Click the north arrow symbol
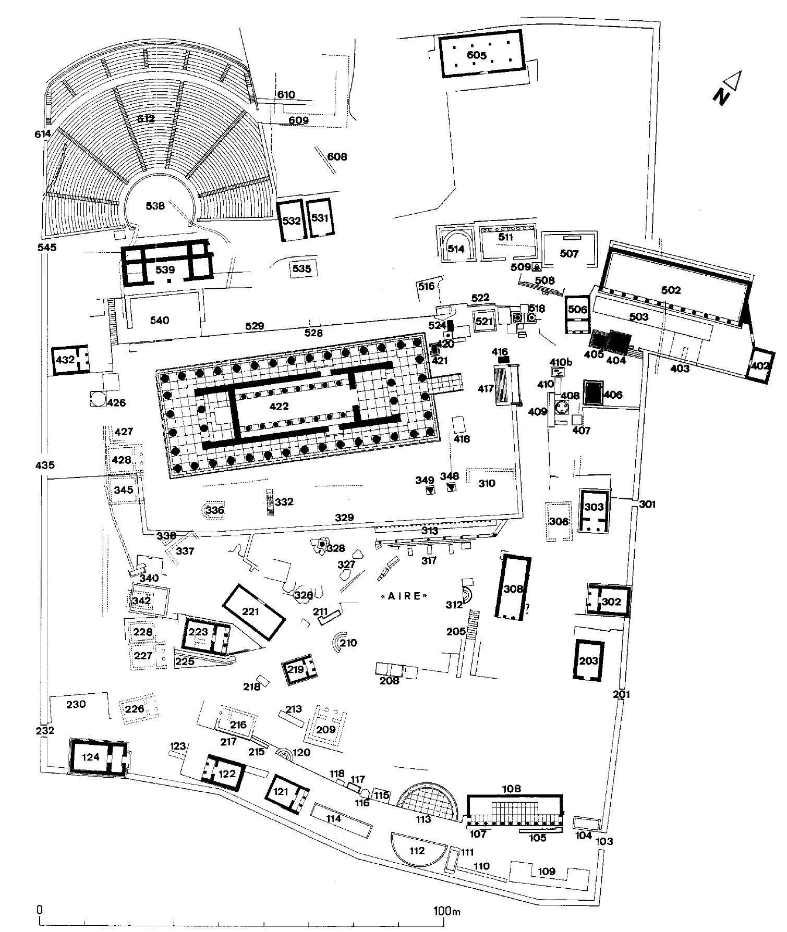point(727,89)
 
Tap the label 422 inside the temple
point(279,406)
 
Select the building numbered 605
point(480,54)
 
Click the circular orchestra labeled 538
point(155,205)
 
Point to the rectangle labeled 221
point(254,611)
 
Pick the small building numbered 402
point(759,365)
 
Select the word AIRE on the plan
point(405,596)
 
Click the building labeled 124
point(98,758)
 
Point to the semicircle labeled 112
point(417,851)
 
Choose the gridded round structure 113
point(428,803)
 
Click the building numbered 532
point(292,220)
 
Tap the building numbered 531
point(319,218)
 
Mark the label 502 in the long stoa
point(671,290)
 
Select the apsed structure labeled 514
point(456,249)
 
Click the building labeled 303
point(594,510)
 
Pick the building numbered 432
point(71,359)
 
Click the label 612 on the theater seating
point(146,118)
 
